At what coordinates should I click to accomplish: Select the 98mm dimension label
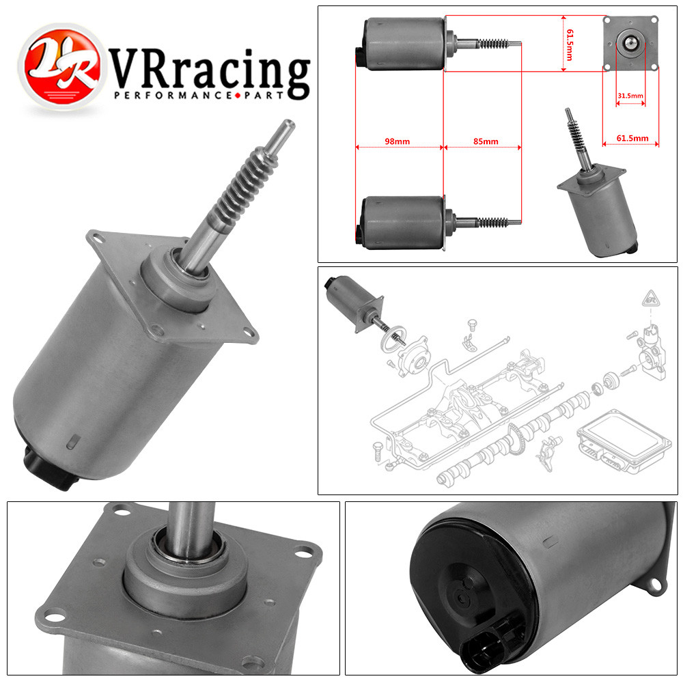point(397,141)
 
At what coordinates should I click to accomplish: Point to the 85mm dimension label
point(486,141)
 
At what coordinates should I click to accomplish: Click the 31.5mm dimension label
point(630,96)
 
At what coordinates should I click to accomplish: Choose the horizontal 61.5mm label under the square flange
point(632,138)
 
